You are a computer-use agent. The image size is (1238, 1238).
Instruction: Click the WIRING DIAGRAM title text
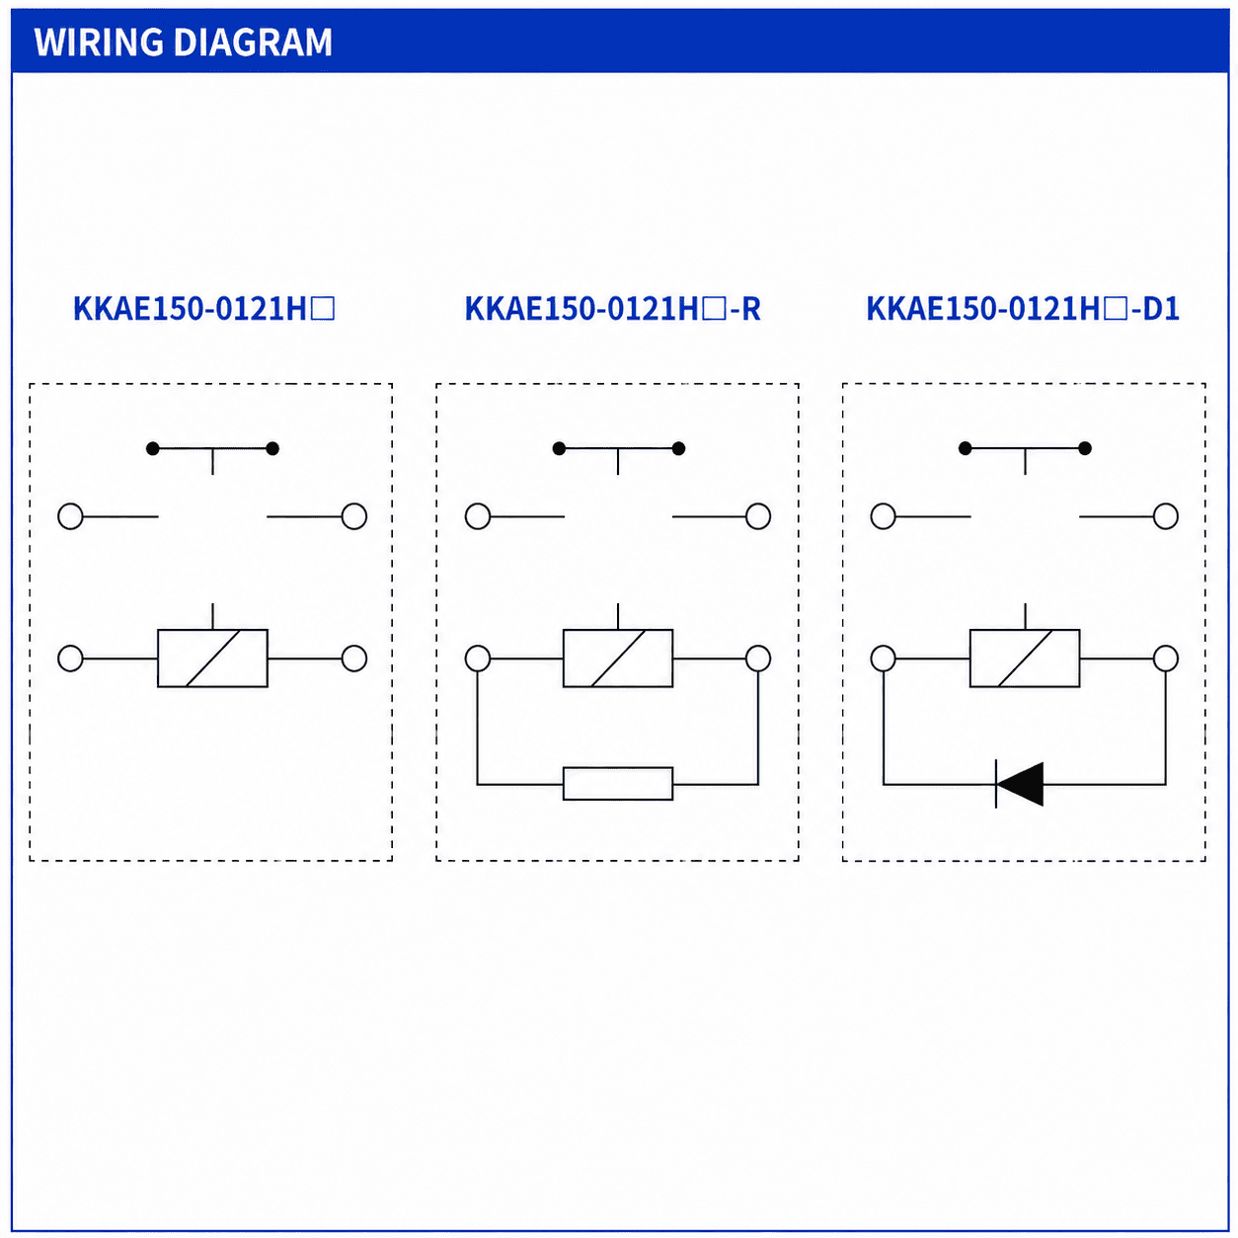click(183, 42)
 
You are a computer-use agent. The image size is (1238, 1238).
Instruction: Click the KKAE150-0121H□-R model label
click(612, 309)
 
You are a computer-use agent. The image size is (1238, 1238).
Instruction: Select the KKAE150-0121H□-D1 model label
click(1023, 309)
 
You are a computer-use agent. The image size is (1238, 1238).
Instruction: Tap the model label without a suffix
click(203, 309)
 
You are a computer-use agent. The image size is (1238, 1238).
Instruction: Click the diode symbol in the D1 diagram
click(1020, 784)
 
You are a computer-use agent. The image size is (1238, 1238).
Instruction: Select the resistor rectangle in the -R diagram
click(618, 784)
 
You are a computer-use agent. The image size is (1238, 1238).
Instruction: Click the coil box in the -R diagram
click(618, 658)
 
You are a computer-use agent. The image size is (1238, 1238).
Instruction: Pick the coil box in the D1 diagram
click(1025, 658)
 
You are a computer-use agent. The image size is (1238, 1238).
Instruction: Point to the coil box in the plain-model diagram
click(212, 658)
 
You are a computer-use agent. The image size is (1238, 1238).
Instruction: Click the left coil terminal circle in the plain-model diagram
click(71, 658)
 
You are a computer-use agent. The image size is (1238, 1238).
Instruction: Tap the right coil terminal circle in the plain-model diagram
click(354, 658)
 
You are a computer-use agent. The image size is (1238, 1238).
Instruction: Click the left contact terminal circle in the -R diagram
click(478, 516)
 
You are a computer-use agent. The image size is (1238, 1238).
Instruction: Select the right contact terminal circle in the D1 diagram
click(1165, 516)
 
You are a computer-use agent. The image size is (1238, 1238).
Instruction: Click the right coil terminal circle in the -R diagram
click(758, 658)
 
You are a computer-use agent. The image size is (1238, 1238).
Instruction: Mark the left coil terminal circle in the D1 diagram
click(884, 658)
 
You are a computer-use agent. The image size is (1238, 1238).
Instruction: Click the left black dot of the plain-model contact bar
click(153, 448)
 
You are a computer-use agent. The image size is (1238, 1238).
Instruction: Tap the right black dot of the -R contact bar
click(678, 448)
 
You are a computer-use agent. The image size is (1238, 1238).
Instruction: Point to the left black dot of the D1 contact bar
click(965, 448)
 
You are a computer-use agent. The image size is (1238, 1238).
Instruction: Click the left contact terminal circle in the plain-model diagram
click(71, 516)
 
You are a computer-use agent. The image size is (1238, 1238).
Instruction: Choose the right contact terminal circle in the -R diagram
click(758, 516)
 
